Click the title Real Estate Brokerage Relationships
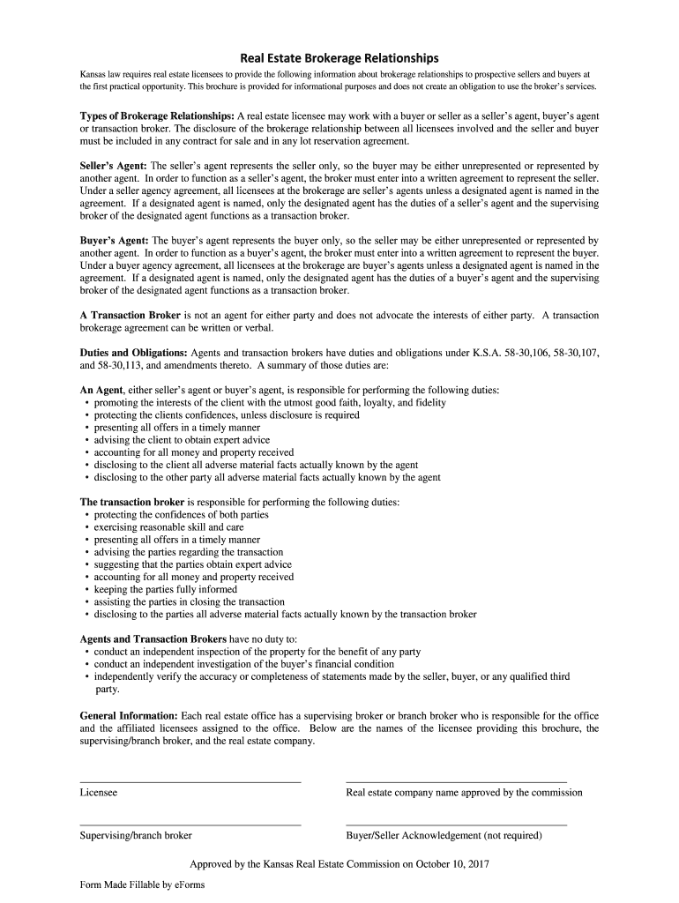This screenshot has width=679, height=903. click(339, 58)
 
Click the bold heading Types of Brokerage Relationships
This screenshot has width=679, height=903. click(157, 116)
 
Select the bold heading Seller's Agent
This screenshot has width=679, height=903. click(114, 165)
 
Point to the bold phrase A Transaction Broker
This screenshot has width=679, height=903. click(131, 315)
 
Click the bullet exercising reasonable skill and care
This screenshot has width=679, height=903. click(168, 527)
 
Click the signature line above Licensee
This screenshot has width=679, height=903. click(190, 781)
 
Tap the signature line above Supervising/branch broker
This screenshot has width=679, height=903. click(190, 824)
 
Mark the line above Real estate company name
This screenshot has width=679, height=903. click(456, 781)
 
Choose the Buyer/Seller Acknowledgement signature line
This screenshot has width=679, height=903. click(456, 824)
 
